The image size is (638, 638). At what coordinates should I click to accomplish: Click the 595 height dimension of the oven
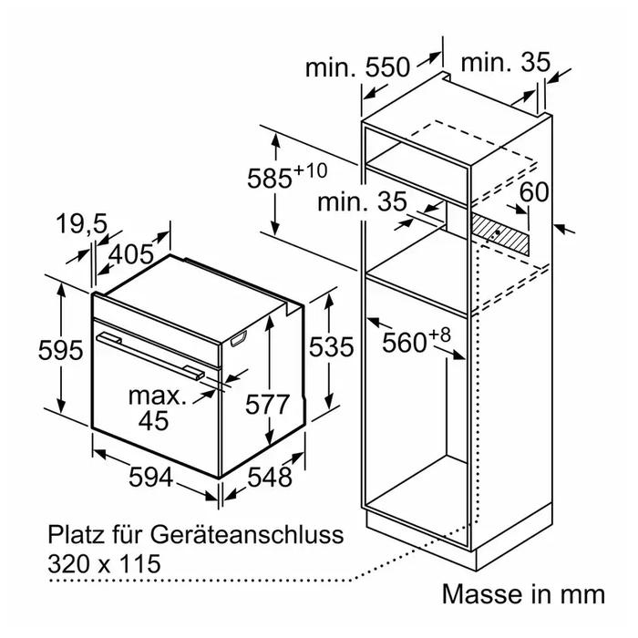61,350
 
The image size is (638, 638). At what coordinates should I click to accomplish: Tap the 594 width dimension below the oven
151,477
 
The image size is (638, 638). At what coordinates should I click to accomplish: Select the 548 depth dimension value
270,477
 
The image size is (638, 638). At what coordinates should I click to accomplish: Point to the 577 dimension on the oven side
267,405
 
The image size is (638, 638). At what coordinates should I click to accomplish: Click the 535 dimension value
331,347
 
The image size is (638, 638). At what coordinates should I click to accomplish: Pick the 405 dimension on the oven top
131,255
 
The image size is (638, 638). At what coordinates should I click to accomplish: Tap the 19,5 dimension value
82,224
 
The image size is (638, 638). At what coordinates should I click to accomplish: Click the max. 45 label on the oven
157,408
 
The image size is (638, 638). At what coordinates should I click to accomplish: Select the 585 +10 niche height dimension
287,175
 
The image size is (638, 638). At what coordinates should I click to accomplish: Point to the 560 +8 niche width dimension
417,340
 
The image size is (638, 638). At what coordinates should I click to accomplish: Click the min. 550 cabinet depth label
357,67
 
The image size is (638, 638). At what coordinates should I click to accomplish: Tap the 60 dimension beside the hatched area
534,192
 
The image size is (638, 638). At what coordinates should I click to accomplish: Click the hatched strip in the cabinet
500,234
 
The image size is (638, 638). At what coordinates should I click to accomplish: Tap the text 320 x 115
105,564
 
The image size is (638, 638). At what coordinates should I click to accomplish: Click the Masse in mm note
523,594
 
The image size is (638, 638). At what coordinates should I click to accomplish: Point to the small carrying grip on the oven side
239,338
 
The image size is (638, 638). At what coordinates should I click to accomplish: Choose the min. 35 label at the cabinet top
505,62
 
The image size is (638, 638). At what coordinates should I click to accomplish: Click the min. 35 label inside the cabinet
362,201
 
